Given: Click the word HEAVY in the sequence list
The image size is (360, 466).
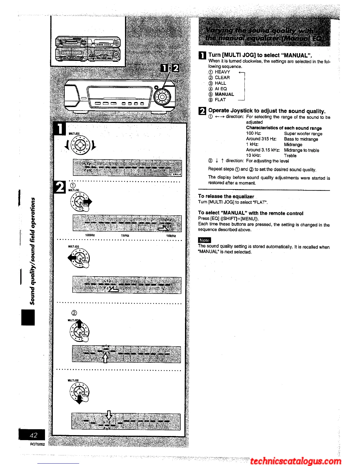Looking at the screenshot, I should (222, 72).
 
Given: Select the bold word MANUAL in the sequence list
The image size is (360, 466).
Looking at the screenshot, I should (224, 94).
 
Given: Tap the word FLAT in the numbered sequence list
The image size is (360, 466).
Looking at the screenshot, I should (220, 100).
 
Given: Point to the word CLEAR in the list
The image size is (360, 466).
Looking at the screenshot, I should (222, 78).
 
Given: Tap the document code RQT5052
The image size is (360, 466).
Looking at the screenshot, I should (37, 444).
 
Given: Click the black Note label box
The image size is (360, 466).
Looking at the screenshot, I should (204, 240).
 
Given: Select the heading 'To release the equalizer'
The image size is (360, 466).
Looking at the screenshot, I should (226, 196).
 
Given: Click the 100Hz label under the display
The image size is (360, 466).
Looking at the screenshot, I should (90, 235).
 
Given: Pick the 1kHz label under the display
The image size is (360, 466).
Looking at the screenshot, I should (125, 235).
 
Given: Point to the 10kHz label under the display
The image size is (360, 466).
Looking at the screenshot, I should (171, 236).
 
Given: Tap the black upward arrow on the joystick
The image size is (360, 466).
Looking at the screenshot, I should (79, 323).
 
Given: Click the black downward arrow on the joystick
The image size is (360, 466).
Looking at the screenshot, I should (79, 400).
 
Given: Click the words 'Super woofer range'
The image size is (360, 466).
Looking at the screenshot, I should (303, 134).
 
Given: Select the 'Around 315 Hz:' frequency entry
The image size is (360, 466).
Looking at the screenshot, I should (261, 139).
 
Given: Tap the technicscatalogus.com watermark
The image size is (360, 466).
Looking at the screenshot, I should (296, 461).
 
